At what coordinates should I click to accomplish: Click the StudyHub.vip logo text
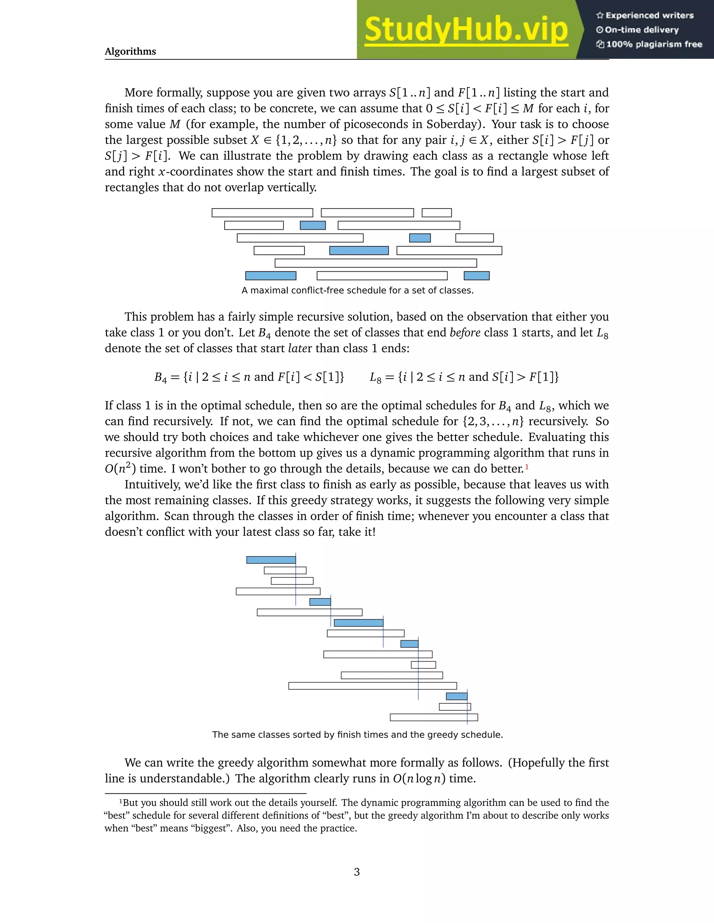(466, 30)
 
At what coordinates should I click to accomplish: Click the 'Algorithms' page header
(130, 51)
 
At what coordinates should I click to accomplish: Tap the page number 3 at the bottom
(357, 872)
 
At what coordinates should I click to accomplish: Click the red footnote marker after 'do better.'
(527, 467)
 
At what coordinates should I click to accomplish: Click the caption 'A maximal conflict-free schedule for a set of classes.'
(357, 290)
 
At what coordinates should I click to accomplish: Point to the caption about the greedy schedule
(357, 735)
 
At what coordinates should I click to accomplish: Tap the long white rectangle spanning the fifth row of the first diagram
(375, 263)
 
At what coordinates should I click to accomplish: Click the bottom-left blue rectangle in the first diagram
(271, 276)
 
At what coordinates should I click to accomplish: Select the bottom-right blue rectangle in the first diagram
(476, 276)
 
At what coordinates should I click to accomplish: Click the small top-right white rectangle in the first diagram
(436, 212)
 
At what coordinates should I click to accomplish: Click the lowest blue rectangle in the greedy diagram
(456, 696)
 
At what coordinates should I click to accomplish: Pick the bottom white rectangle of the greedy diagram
(434, 717)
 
